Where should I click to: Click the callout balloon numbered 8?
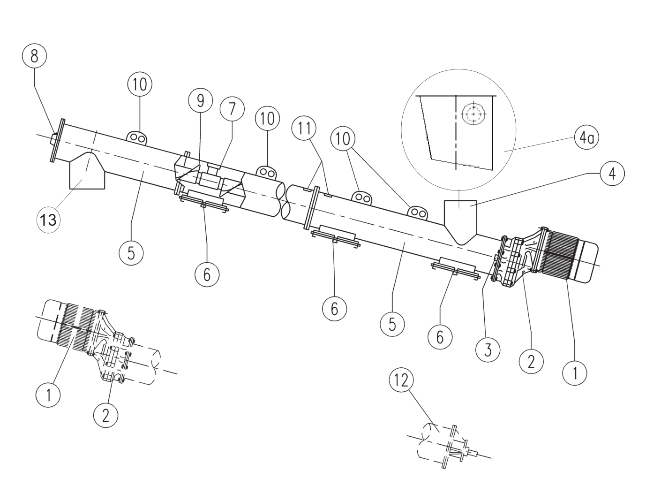click(34, 56)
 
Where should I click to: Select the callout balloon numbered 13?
click(48, 220)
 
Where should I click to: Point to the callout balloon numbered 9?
click(201, 101)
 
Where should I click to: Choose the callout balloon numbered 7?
click(232, 109)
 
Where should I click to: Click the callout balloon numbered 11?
click(304, 128)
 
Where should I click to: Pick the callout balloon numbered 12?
click(401, 380)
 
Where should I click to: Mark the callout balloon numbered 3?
click(488, 349)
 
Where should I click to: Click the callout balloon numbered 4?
click(612, 174)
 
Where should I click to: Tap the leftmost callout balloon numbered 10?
click(140, 84)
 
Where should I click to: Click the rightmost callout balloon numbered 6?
click(440, 337)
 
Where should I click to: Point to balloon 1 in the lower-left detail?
click(48, 395)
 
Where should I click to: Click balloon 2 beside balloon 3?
click(531, 362)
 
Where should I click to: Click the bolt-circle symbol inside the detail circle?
click(473, 114)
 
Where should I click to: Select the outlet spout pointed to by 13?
click(87, 171)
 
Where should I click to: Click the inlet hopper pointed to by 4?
click(460, 222)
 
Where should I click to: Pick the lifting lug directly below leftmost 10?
click(137, 138)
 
